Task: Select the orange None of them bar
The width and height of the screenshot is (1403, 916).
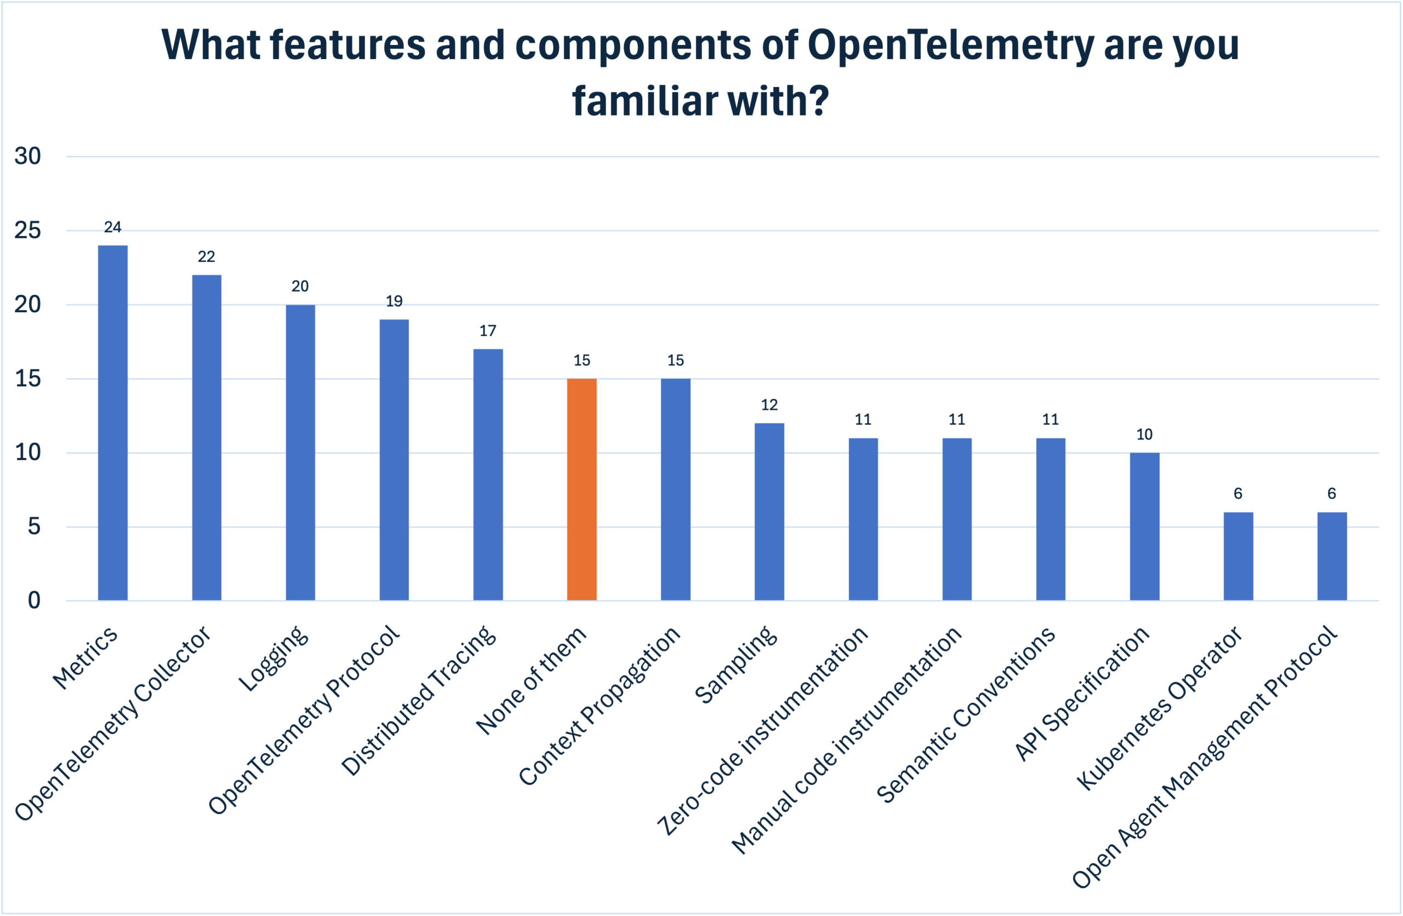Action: click(x=582, y=489)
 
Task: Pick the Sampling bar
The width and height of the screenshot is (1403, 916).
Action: click(x=769, y=512)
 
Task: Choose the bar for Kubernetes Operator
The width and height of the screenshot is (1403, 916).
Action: click(x=1238, y=556)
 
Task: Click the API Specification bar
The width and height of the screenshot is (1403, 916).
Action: click(x=1144, y=526)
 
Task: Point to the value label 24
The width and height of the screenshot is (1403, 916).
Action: click(x=112, y=227)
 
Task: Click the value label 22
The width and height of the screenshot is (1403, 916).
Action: click(x=206, y=256)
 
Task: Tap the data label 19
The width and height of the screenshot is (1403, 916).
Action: click(x=394, y=301)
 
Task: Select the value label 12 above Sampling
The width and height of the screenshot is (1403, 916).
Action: click(x=769, y=404)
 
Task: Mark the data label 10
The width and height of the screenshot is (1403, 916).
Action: click(x=1144, y=434)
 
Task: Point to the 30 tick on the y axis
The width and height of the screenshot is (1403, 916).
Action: click(x=28, y=156)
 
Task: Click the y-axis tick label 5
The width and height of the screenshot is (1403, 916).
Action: click(x=34, y=526)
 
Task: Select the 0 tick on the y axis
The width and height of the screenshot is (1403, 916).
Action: click(x=34, y=600)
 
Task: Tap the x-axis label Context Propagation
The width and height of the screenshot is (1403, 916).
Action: click(x=600, y=705)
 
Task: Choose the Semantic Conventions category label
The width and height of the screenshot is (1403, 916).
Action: click(x=966, y=714)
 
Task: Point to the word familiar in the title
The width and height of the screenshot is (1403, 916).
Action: click(x=645, y=100)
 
